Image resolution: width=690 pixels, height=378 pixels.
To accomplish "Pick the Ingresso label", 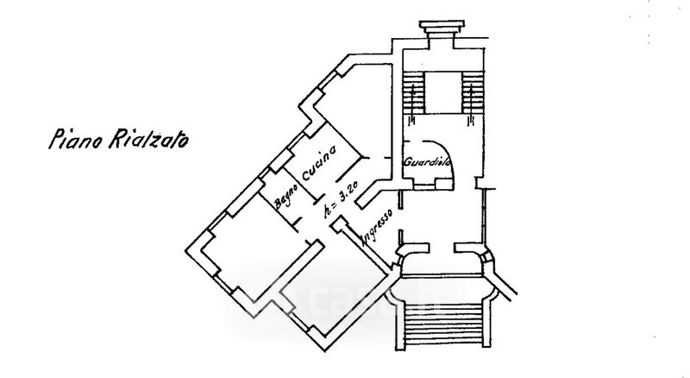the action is pos(377,228).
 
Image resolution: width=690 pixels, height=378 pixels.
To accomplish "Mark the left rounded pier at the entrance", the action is pos(406,259).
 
